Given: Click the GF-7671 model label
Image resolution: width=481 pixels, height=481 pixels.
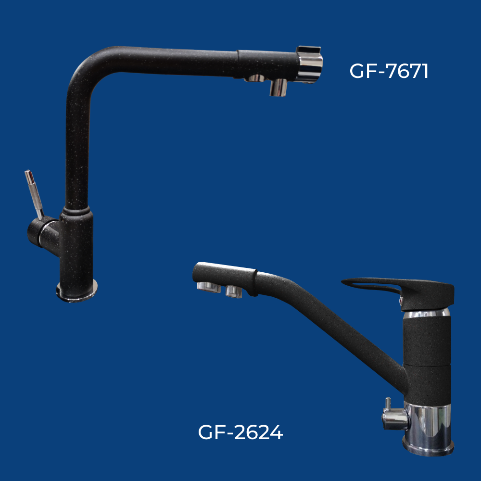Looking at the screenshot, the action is pyautogui.click(x=389, y=71).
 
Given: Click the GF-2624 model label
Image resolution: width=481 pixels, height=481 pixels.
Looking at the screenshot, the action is pyautogui.click(x=240, y=432).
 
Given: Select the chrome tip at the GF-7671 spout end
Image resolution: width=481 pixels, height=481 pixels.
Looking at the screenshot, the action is pyautogui.click(x=309, y=64).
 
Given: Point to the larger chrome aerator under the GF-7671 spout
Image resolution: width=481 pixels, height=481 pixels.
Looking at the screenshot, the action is pyautogui.click(x=278, y=88).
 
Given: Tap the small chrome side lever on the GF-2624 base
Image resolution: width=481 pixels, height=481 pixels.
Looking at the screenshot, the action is pyautogui.click(x=394, y=415).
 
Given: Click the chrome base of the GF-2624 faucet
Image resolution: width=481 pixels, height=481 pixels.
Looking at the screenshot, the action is pyautogui.click(x=428, y=429).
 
